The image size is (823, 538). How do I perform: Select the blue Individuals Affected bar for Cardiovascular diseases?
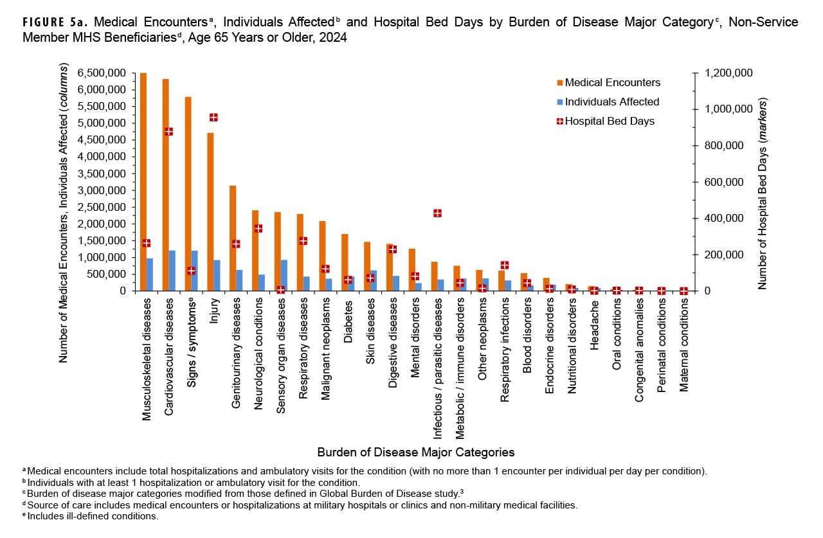[172, 271]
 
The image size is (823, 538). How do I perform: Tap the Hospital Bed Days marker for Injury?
[213, 117]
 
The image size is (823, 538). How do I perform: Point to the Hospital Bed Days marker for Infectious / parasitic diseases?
[437, 213]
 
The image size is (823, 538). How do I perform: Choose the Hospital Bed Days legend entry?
[609, 121]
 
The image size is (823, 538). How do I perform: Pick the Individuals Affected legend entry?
[611, 102]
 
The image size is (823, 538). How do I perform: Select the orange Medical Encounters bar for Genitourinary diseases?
[233, 238]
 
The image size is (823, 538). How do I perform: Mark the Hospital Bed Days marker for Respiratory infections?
[505, 265]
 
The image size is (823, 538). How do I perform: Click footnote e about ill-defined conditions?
[90, 516]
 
